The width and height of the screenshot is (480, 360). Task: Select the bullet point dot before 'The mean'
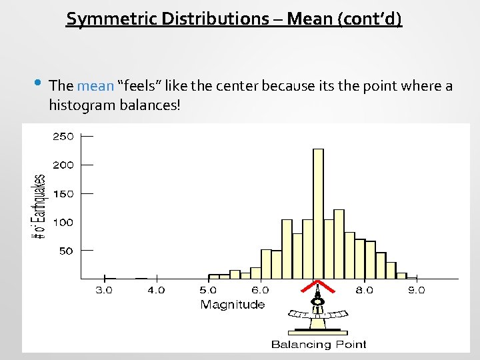tap(37, 84)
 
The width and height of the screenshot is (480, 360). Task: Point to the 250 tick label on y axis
tap(63, 136)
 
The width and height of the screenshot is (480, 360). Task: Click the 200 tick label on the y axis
tap(63, 165)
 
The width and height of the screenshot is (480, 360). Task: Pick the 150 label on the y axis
tap(63, 193)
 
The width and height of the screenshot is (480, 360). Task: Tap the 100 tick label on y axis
tap(63, 222)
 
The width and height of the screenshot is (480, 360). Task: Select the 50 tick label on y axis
tap(65, 251)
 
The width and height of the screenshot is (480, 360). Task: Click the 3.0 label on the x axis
tap(104, 290)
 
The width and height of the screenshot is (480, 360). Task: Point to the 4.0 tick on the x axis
tap(156, 290)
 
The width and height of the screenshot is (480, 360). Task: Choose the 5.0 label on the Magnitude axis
tap(208, 290)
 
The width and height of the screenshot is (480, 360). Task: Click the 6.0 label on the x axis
tap(260, 290)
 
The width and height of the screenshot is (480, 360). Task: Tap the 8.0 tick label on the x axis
tap(364, 290)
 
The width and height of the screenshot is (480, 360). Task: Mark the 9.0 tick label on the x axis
tap(416, 290)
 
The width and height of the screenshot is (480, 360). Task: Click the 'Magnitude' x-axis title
tap(233, 305)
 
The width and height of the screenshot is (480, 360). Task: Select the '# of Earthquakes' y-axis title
tap(39, 207)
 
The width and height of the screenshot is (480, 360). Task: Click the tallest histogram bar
tap(318, 213)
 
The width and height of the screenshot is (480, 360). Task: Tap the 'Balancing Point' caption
tap(319, 345)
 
